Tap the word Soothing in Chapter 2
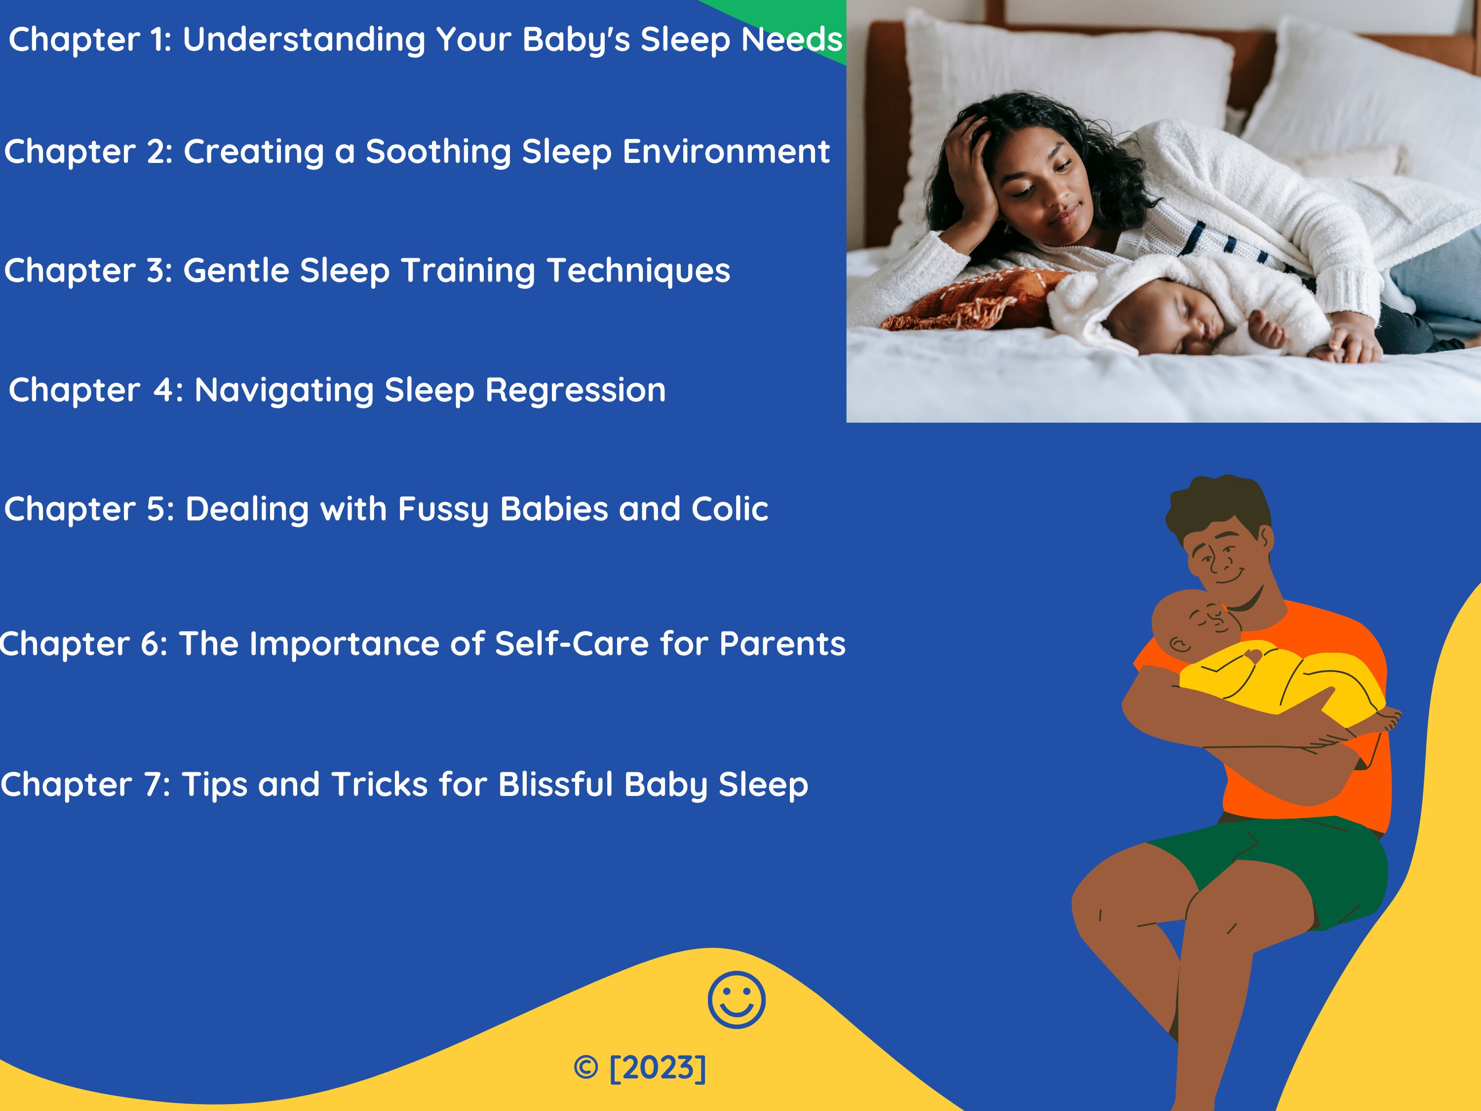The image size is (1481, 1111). click(x=438, y=152)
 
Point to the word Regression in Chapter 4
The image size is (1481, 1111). click(x=575, y=391)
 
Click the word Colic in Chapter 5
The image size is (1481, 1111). click(x=729, y=509)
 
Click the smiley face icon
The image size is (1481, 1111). click(x=736, y=1000)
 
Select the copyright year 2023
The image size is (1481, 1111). click(x=658, y=1068)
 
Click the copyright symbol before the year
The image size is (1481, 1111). click(x=586, y=1068)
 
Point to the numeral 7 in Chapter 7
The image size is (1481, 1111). click(x=153, y=785)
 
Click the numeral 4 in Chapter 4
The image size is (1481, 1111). click(x=164, y=391)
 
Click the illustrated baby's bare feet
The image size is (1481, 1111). click(x=1386, y=720)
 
